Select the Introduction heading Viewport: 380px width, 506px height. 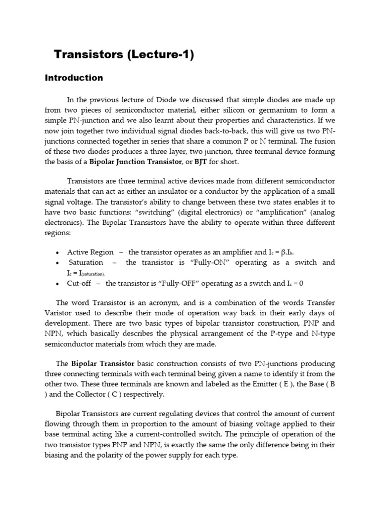tap(74, 78)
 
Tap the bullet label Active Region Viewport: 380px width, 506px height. tap(90, 252)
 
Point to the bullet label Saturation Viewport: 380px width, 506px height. tap(86, 262)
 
